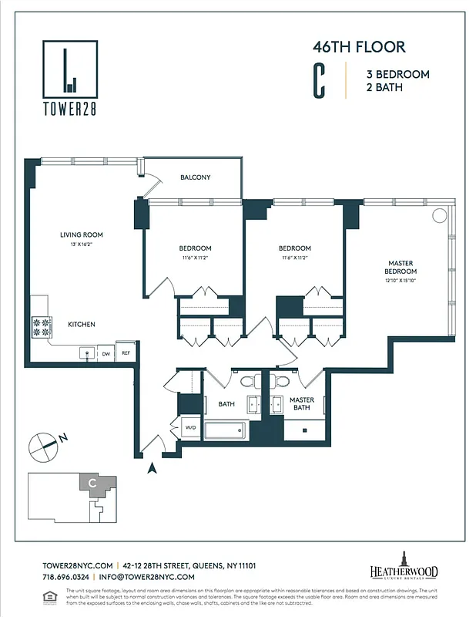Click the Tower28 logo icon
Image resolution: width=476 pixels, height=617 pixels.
pyautogui.click(x=69, y=69)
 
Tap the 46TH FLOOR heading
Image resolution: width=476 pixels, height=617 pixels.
pyautogui.click(x=358, y=47)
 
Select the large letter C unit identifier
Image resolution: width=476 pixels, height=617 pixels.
pyautogui.click(x=318, y=81)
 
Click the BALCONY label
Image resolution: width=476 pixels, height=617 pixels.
pyautogui.click(x=195, y=177)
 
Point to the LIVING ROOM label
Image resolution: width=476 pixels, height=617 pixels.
pyautogui.click(x=82, y=234)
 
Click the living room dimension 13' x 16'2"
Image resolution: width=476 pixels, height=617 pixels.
pyautogui.click(x=82, y=244)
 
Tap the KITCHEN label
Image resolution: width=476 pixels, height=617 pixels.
pyautogui.click(x=82, y=325)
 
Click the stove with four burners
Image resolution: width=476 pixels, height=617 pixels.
pyautogui.click(x=40, y=326)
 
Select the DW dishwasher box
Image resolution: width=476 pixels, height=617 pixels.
pyautogui.click(x=106, y=353)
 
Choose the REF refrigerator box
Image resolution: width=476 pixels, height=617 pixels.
pyautogui.click(x=126, y=352)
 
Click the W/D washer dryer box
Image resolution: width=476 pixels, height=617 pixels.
pyautogui.click(x=190, y=427)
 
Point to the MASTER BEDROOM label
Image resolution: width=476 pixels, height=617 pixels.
pyautogui.click(x=401, y=268)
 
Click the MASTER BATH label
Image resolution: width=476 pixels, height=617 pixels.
pyautogui.click(x=301, y=403)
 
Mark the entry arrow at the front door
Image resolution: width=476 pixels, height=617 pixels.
pyautogui.click(x=153, y=467)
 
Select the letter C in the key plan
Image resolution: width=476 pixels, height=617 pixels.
pyautogui.click(x=92, y=483)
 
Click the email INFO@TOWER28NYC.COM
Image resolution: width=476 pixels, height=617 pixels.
pyautogui.click(x=146, y=576)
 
